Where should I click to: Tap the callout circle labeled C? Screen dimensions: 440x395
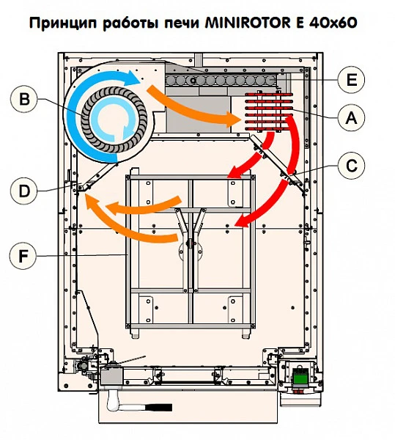click(x=352, y=166)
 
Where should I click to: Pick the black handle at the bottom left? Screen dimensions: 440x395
click(x=154, y=407)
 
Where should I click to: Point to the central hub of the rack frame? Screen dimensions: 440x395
click(x=191, y=246)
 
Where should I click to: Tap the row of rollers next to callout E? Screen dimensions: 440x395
click(x=220, y=79)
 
